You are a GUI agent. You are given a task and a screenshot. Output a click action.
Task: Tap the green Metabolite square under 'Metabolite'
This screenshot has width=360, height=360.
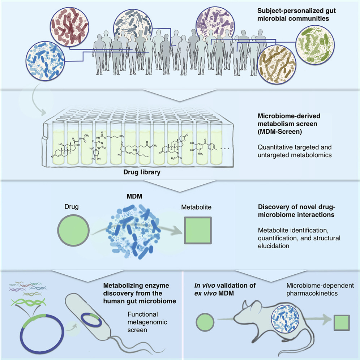[197, 231]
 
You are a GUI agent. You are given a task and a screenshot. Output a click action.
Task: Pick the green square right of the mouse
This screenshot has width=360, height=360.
[340, 322]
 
